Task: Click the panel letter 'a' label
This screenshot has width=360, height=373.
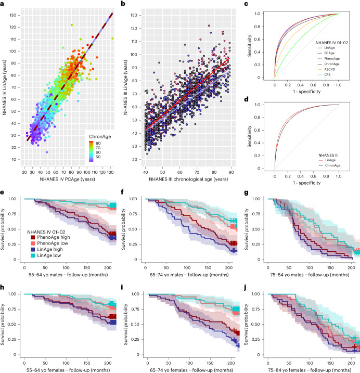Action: pos(3,4)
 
